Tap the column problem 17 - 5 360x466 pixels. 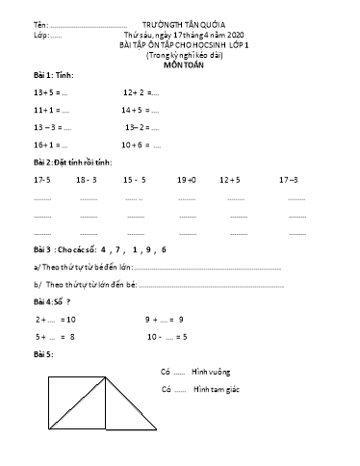click(x=41, y=180)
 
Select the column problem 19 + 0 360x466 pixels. click(x=187, y=180)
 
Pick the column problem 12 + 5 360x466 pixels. click(x=230, y=180)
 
